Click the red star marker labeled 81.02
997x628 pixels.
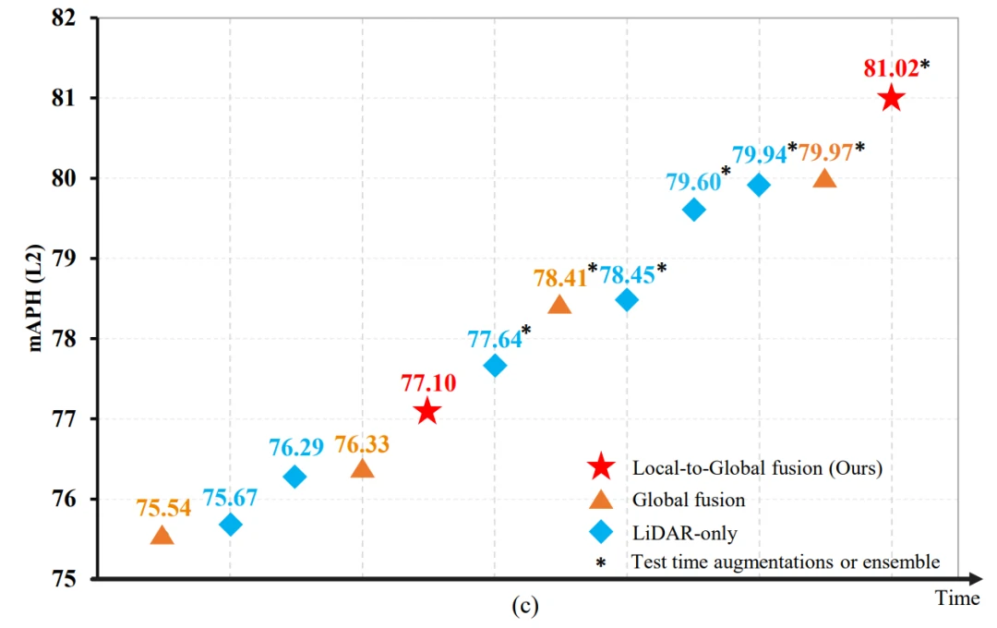click(x=891, y=98)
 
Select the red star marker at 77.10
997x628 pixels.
click(x=426, y=412)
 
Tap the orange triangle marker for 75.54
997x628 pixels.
click(x=162, y=536)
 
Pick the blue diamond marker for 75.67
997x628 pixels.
click(x=231, y=525)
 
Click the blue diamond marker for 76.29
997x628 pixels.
click(x=294, y=477)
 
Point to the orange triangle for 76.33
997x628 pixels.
click(x=362, y=469)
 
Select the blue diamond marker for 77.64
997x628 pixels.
click(x=495, y=365)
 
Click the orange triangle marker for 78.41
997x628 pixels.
click(x=559, y=305)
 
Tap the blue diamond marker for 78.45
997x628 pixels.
click(x=627, y=299)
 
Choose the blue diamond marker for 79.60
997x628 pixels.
click(x=693, y=210)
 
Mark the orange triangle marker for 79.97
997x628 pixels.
click(x=824, y=178)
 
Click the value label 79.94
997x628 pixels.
click(x=759, y=154)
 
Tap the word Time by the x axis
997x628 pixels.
click(x=957, y=598)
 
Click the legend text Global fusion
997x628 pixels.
click(x=689, y=500)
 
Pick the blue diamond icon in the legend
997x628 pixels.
click(x=601, y=532)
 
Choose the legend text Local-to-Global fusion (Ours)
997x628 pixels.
click(x=757, y=467)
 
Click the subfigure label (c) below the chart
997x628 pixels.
click(x=523, y=607)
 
